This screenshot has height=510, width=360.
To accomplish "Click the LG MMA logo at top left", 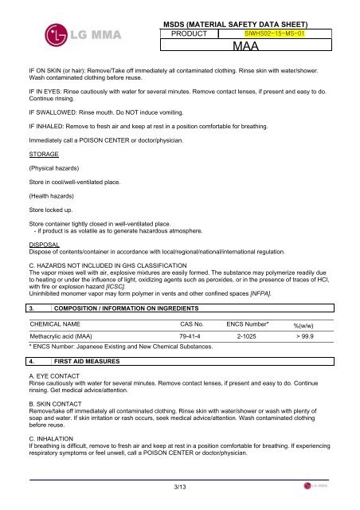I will coord(68,34).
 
